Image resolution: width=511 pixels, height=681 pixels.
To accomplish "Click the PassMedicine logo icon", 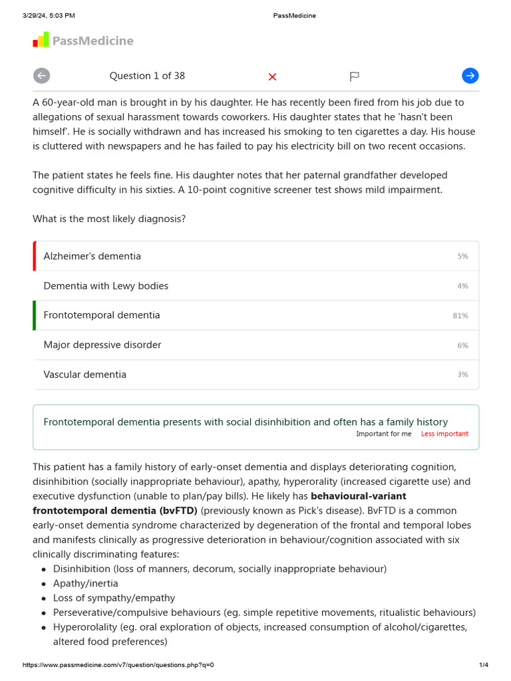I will tap(41, 40).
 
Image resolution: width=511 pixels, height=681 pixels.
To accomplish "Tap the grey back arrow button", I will tap(41, 76).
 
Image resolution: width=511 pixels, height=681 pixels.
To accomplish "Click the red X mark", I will tap(272, 76).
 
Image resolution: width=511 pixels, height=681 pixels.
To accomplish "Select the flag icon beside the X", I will tap(354, 76).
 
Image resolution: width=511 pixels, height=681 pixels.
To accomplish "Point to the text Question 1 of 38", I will tap(147, 76).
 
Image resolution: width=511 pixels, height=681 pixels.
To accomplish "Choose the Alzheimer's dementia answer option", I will tap(92, 256).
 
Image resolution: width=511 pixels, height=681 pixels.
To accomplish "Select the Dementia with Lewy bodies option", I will tap(106, 286).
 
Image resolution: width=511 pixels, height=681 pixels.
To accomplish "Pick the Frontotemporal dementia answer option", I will tap(102, 315).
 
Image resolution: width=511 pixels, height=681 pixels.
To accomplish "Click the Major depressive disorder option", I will tap(102, 345).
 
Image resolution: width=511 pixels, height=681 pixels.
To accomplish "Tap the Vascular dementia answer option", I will tap(85, 374).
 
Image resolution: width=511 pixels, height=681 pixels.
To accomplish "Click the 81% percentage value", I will tap(460, 316).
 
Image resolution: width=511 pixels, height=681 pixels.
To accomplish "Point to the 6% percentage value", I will tap(462, 346).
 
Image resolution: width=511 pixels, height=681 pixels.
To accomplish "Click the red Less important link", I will tap(444, 434).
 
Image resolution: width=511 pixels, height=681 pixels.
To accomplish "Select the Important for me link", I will tap(384, 434).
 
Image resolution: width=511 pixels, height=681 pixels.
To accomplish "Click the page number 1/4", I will tap(484, 665).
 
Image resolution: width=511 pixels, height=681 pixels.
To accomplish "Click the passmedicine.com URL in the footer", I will tap(118, 665).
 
